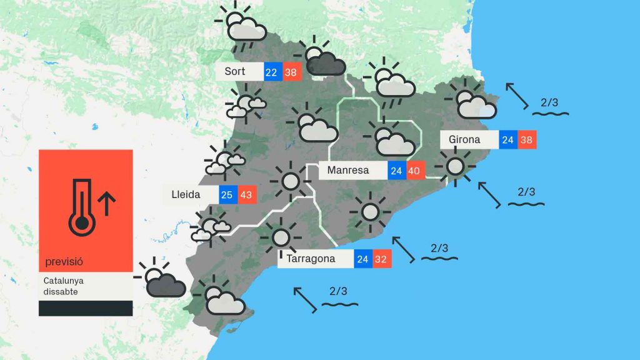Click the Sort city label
[235, 71]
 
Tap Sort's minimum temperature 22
[271, 72]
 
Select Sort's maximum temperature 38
[291, 72]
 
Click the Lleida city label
[186, 194]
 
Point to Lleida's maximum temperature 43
[246, 195]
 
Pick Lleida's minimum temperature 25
[227, 195]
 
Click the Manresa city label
[348, 170]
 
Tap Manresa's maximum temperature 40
[414, 171]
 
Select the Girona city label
[464, 139]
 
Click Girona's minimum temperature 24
[507, 140]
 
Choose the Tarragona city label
[311, 258]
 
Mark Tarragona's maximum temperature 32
[381, 259]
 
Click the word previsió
[64, 261]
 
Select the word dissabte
[61, 292]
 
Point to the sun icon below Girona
[455, 166]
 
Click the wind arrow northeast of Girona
[516, 96]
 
